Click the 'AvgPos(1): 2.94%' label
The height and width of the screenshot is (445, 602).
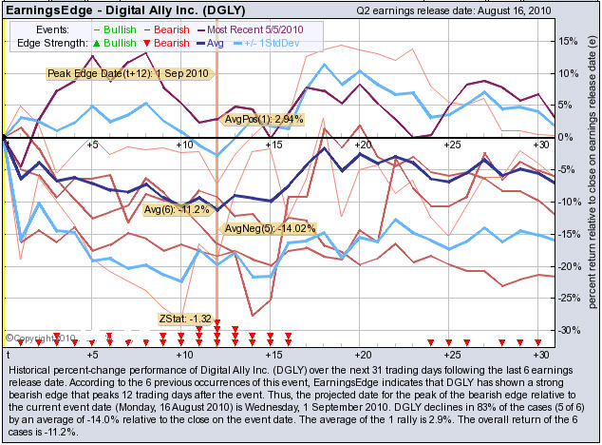[263, 119]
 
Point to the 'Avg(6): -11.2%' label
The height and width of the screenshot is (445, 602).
[174, 208]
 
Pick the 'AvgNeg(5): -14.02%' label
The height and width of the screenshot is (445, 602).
[269, 229]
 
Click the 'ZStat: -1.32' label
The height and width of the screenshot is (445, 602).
[185, 319]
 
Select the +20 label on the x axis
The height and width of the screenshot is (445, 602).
[360, 145]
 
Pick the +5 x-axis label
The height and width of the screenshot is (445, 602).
[91, 145]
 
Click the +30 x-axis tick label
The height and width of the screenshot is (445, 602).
[537, 145]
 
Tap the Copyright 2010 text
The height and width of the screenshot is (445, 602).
[40, 337]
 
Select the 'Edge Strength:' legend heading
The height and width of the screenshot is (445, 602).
[49, 44]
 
